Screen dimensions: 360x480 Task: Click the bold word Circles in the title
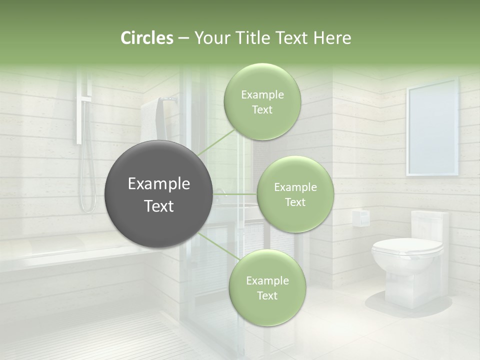[x=146, y=38]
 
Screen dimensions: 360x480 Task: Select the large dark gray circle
[x=158, y=194]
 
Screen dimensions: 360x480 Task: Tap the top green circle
[x=262, y=102]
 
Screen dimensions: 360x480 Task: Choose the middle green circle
[x=295, y=194]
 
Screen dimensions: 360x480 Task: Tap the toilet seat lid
[x=407, y=246]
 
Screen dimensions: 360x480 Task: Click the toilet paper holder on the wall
[x=360, y=217]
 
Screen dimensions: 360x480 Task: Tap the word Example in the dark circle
[x=158, y=184]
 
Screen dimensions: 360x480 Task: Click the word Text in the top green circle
[x=262, y=110]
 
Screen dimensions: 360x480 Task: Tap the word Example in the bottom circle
[x=267, y=280]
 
